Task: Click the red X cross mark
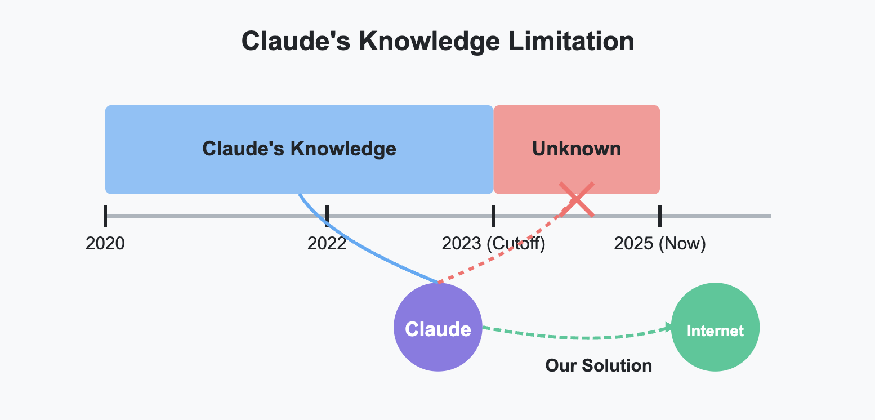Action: pos(577,199)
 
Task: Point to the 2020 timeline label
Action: pos(105,244)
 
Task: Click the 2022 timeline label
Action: pos(327,244)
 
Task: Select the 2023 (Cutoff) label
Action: pos(493,244)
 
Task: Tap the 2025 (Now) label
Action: pos(659,244)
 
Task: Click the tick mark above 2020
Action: pos(105,216)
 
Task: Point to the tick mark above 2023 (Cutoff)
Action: pos(493,216)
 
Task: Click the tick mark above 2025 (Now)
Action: pos(659,216)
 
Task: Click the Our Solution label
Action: pos(599,365)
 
